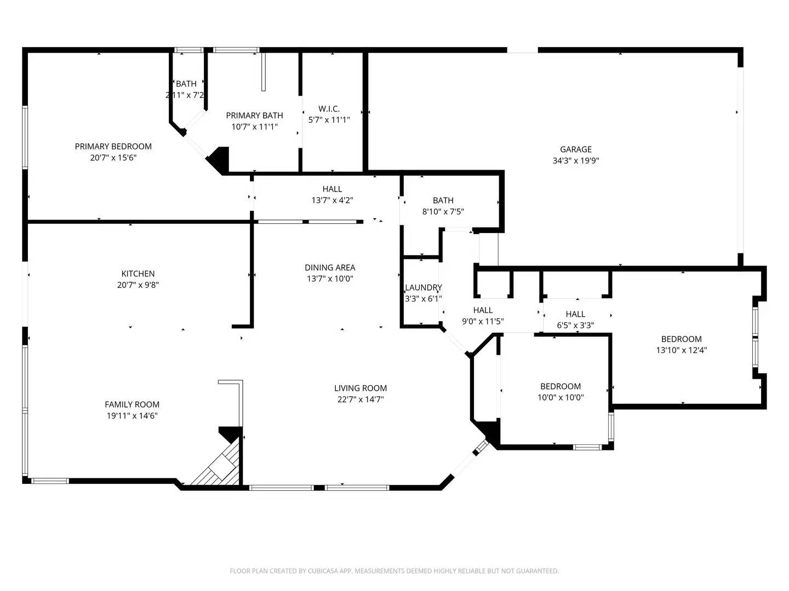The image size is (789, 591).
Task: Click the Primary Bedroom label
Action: [x=113, y=146]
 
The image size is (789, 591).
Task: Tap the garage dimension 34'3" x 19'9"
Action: [x=575, y=161]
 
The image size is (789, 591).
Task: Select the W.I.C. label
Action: [x=329, y=109]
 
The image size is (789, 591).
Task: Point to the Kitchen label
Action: [x=138, y=274]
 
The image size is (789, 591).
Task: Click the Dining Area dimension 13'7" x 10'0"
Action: [x=330, y=279]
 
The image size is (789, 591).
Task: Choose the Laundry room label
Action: [x=423, y=288]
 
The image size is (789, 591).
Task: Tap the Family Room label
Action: [x=132, y=404]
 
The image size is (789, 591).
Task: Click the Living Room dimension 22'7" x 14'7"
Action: [x=361, y=399]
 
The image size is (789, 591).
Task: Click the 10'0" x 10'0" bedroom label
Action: [x=561, y=386]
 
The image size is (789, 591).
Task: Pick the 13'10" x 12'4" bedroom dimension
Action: [x=681, y=350]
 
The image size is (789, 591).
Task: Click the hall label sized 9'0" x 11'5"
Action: [x=483, y=310]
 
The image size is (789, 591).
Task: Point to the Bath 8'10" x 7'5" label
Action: [x=443, y=200]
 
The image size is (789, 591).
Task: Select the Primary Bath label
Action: [x=254, y=115]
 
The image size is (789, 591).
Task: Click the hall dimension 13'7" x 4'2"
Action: [x=332, y=200]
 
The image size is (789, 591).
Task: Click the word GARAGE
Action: [x=575, y=149]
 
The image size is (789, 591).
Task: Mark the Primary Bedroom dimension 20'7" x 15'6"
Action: [x=113, y=158]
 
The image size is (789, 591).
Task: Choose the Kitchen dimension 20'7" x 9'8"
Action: [x=138, y=285]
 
